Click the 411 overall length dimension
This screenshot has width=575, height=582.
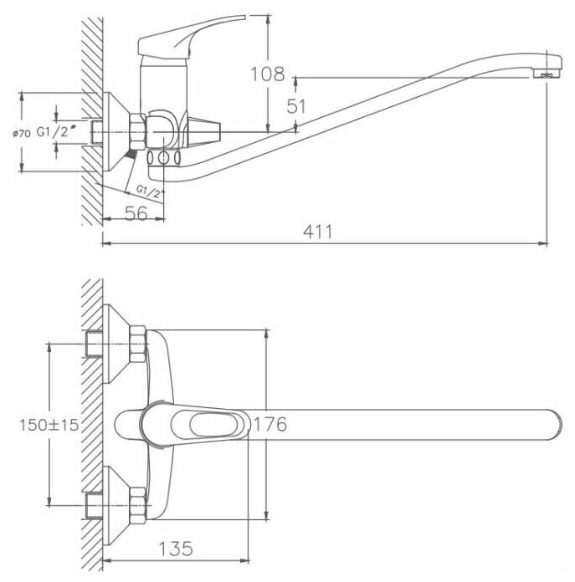pos(317,233)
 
